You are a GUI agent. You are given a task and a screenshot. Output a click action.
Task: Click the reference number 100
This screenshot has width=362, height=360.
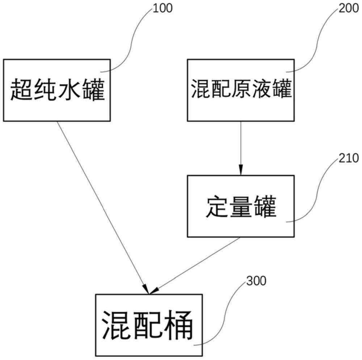coord(163,8)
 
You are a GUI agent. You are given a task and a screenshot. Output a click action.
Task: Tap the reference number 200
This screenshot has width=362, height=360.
coord(348,8)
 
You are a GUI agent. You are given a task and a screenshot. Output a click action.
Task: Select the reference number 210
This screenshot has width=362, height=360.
coord(349,158)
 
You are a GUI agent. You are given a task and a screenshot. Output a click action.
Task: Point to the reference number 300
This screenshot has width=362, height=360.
coord(256,281)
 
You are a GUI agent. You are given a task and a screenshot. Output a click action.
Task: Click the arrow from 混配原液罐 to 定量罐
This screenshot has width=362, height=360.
coord(241,148)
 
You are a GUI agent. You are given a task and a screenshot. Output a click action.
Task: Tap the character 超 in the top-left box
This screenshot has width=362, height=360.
coord(21,90)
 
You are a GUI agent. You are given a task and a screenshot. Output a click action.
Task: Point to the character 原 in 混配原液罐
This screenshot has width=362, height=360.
coord(241,89)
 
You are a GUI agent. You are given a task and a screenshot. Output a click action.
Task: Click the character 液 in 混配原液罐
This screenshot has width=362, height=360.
coord(262,89)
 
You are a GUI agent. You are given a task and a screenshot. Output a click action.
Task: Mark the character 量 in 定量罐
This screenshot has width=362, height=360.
coord(241,206)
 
